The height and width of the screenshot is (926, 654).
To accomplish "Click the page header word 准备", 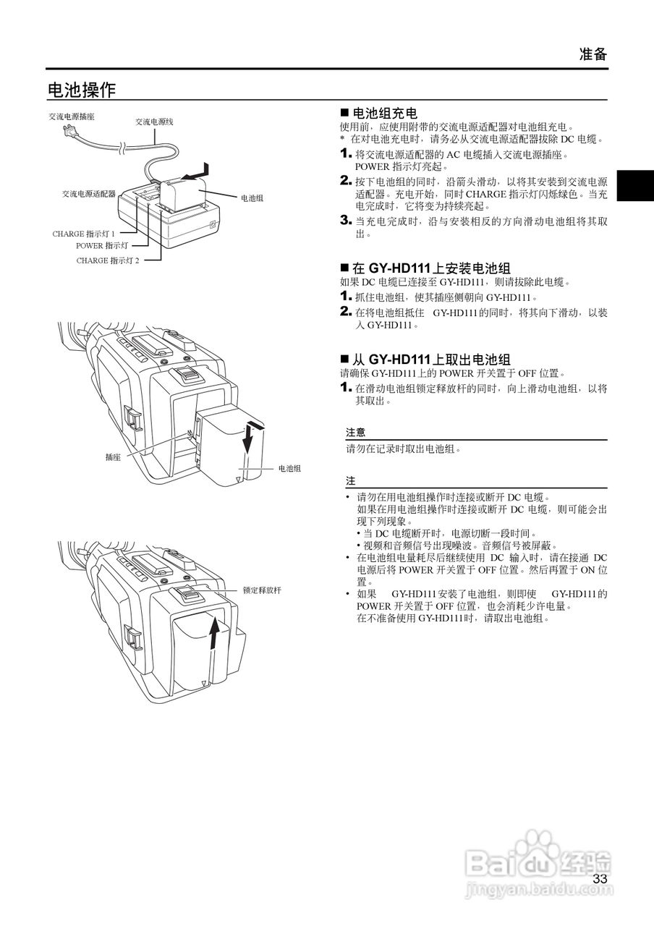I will click(x=593, y=54).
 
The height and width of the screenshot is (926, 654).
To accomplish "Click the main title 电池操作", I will click(x=81, y=90).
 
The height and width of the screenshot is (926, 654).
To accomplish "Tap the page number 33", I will click(x=600, y=879).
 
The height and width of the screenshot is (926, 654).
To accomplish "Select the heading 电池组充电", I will click(x=384, y=114).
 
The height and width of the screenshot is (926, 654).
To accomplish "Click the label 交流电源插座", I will click(x=72, y=116).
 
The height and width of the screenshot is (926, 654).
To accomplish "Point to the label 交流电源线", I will click(x=153, y=122).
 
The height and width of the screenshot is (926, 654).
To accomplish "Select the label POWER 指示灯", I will click(x=102, y=246).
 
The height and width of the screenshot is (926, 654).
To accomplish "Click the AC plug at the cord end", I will click(x=70, y=132).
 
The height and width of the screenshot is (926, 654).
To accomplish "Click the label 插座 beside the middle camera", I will click(x=112, y=457).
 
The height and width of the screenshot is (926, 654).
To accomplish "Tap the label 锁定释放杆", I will click(x=262, y=590).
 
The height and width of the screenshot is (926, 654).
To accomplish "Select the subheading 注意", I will click(x=355, y=433).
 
